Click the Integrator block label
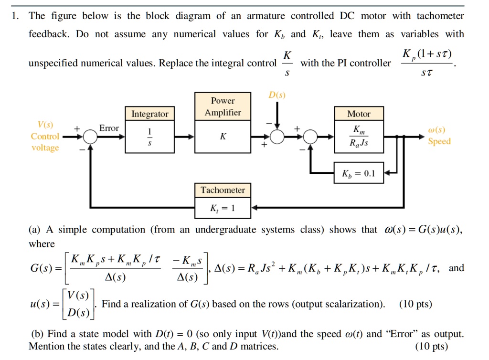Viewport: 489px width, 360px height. pos(150,114)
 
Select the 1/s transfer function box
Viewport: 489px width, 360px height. pos(150,137)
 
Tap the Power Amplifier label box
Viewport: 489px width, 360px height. pos(223,106)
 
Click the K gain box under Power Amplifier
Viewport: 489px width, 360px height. pos(223,137)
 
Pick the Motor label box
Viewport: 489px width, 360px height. pos(359,114)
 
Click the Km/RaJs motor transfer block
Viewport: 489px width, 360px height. pos(359,136)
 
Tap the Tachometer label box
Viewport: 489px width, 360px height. pos(223,190)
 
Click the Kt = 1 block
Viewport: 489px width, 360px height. pos(223,208)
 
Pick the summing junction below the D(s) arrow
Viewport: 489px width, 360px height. pos(277,137)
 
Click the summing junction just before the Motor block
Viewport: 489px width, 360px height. pos(311,137)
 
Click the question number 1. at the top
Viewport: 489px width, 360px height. pos(16,16)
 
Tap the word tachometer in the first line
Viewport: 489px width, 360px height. pos(440,16)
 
